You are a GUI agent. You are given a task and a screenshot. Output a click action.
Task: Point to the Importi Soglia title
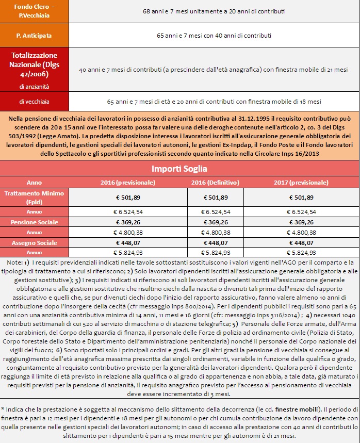[179, 169]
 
